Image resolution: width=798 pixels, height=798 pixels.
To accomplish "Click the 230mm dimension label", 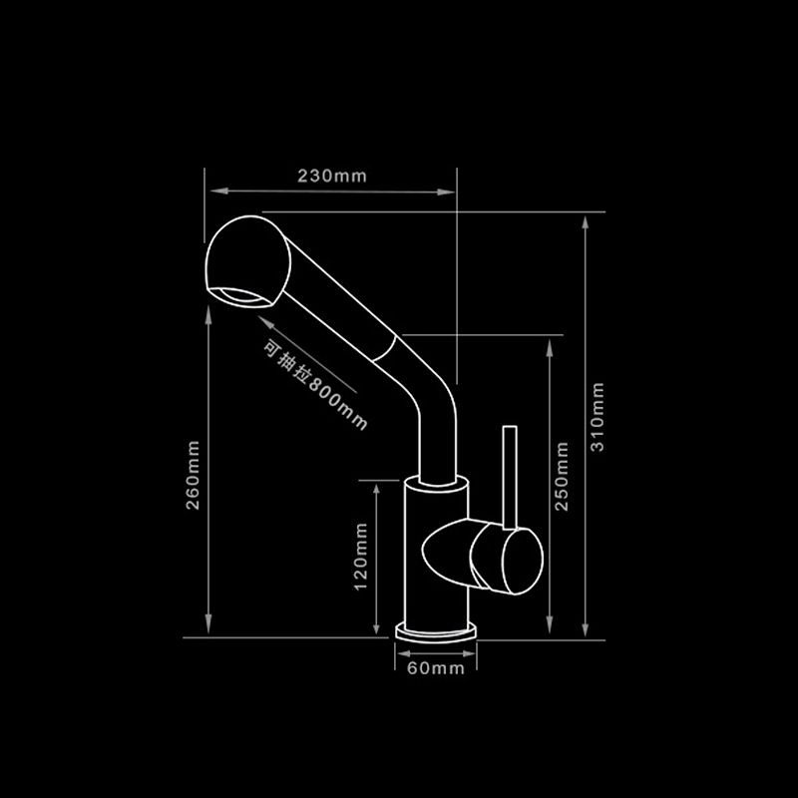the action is coord(332,176).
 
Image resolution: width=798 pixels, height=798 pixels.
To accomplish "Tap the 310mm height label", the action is coord(598,417).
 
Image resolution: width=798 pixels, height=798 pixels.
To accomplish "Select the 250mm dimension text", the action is coord(561,476).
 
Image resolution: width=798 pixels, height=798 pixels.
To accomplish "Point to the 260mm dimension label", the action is coord(194,475).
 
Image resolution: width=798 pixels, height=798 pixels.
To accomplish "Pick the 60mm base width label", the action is coord(436,668).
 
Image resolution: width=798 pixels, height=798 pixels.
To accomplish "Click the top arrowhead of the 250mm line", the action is coord(548,345).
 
